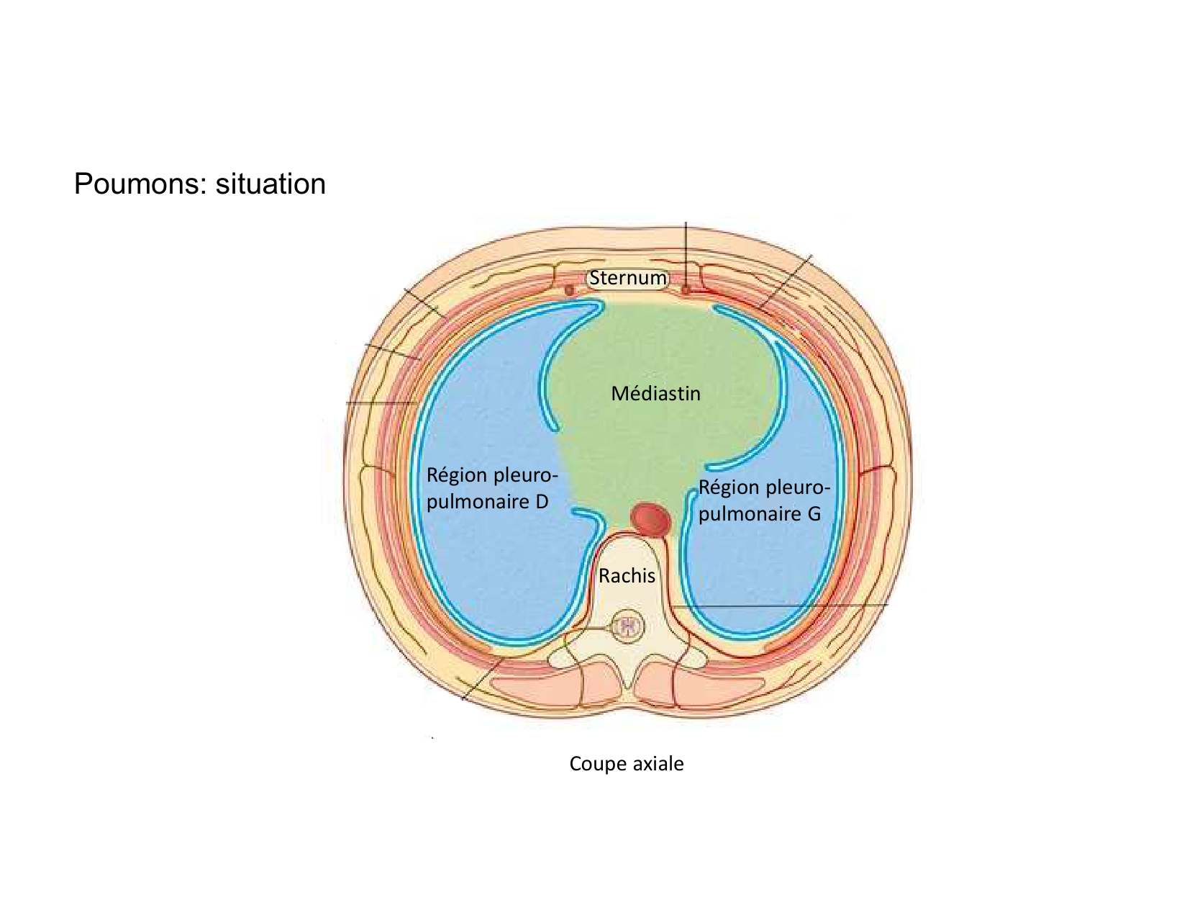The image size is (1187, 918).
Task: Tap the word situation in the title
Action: coord(270,184)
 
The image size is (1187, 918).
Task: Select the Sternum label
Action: coord(628,278)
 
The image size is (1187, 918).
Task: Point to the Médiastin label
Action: coord(655,394)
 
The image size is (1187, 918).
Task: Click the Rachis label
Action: coord(627,576)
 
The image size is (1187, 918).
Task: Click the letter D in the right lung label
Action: coord(541,502)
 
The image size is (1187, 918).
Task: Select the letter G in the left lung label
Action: coord(813,514)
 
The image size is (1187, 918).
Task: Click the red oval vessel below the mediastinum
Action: coord(650,518)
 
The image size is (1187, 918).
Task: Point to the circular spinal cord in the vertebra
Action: coord(628,628)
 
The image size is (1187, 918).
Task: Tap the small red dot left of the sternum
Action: coord(569,290)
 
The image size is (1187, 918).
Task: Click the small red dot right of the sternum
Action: coord(686,290)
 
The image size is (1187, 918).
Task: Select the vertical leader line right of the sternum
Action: coord(686,252)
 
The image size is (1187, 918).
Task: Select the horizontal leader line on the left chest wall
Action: coord(381,403)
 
